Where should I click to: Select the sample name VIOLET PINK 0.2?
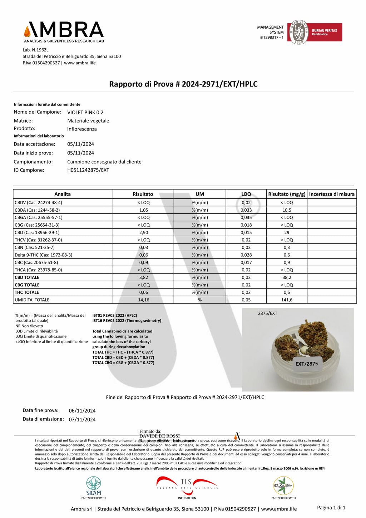click(85, 112)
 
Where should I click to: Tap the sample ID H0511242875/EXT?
click(88, 170)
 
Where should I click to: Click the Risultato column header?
click(143, 194)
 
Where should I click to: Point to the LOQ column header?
click(246, 194)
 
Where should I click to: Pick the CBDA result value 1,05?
click(143, 210)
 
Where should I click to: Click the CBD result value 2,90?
click(143, 233)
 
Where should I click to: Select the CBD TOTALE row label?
click(27, 277)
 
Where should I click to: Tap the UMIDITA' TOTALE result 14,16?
click(143, 300)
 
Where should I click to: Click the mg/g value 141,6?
click(287, 300)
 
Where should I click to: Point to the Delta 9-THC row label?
click(43, 255)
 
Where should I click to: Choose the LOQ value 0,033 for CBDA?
click(246, 210)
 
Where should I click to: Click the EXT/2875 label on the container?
click(306, 364)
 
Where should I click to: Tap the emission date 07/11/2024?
click(82, 420)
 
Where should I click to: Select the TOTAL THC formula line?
click(123, 352)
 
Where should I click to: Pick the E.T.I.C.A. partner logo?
click(283, 486)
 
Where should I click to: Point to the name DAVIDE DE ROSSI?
click(159, 436)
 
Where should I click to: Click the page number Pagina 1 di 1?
click(331, 508)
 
